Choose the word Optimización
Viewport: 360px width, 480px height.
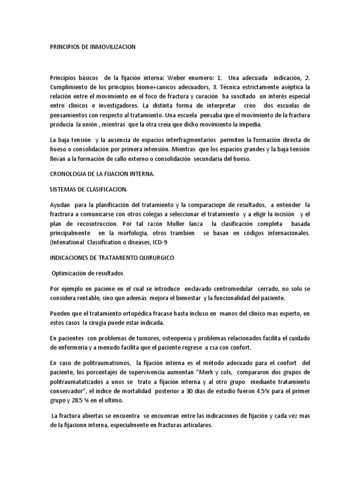(72, 272)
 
